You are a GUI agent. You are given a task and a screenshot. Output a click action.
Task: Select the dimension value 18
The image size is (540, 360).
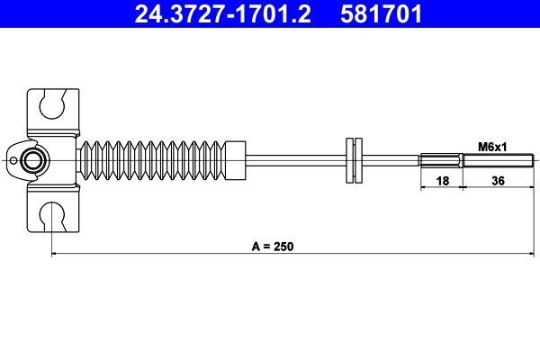click(x=441, y=182)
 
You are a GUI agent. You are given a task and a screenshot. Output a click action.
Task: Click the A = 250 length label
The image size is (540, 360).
click(x=274, y=245)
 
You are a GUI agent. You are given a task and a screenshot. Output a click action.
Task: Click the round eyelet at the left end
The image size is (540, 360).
click(x=35, y=161)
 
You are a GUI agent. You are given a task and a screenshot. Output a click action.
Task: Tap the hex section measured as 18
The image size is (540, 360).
click(x=441, y=161)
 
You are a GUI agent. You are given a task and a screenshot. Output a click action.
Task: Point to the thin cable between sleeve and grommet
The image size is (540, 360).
click(x=297, y=161)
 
